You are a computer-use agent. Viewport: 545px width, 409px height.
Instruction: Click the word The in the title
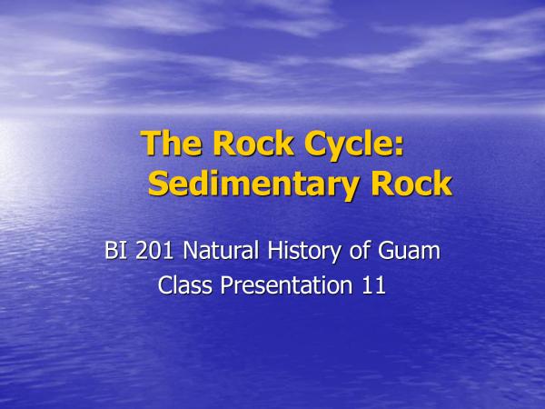(x=171, y=143)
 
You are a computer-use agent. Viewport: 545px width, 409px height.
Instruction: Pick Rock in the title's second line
(x=411, y=183)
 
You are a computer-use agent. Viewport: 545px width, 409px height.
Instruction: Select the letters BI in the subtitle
(x=114, y=250)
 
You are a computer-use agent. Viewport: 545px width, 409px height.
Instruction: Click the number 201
(x=154, y=250)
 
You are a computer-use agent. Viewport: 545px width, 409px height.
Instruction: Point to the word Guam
(x=409, y=250)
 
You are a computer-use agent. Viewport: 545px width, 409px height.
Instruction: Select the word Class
(x=185, y=284)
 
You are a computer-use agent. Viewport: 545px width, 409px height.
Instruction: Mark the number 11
(x=374, y=285)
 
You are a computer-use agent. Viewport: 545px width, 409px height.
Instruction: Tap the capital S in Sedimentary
(x=158, y=184)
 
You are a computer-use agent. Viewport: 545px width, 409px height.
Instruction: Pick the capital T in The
(x=152, y=143)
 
